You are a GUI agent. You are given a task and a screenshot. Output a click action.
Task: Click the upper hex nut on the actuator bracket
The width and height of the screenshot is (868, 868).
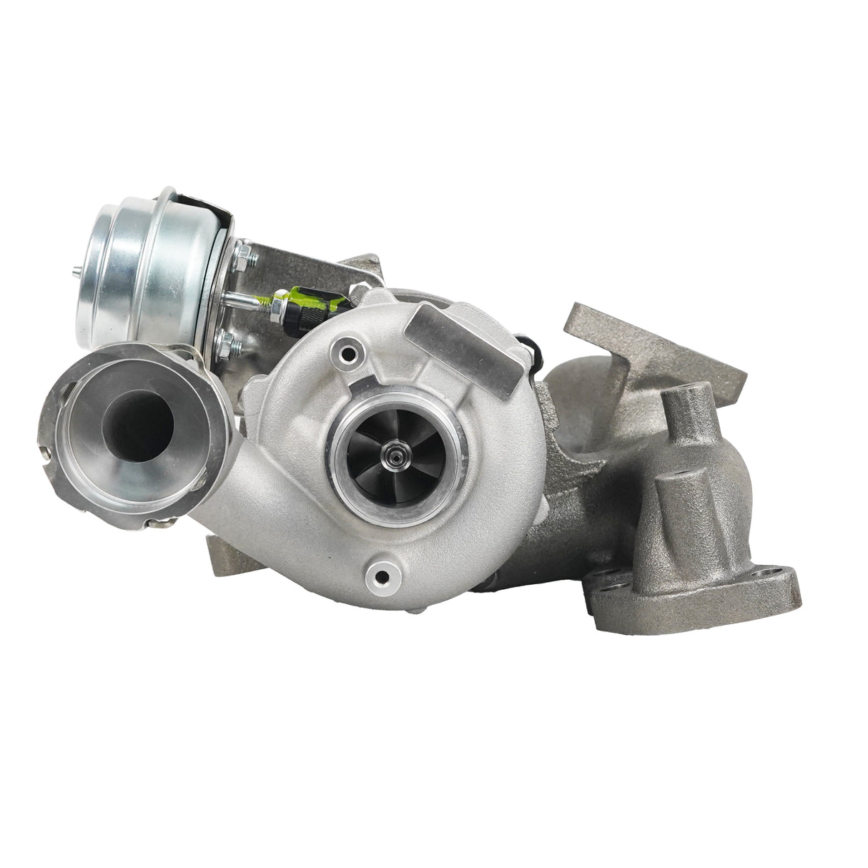click(x=240, y=252)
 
